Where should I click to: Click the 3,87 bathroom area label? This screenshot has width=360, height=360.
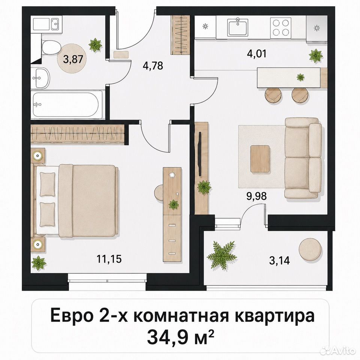[73, 60]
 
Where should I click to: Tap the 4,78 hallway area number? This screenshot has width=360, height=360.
[153, 65]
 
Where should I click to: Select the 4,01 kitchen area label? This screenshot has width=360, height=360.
[256, 54]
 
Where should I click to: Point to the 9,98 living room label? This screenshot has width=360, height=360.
[256, 196]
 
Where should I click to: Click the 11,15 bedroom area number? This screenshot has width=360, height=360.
[109, 259]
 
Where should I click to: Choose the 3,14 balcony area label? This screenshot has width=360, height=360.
[279, 261]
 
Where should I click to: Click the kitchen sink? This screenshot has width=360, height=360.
[238, 27]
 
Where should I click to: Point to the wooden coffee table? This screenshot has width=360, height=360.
[260, 159]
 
